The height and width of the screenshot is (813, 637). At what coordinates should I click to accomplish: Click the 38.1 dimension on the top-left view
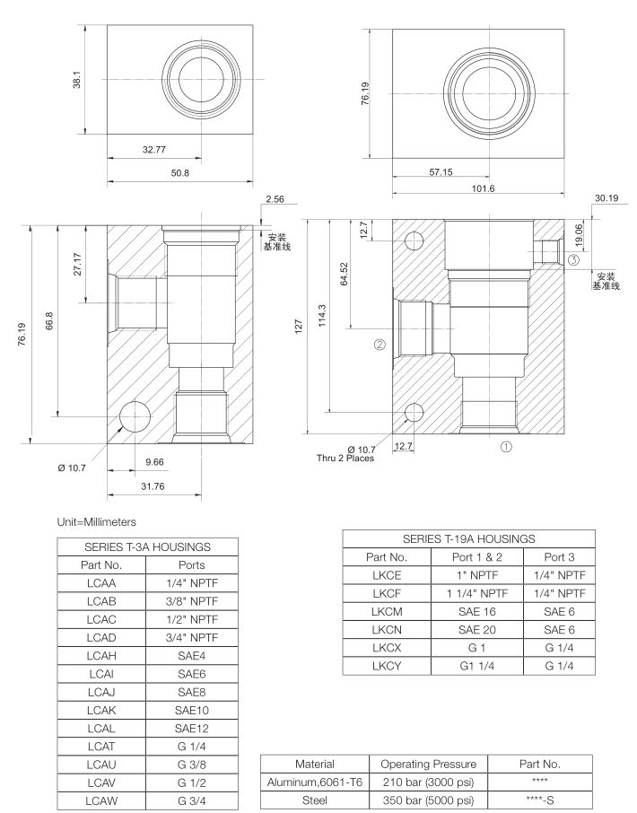coord(79,81)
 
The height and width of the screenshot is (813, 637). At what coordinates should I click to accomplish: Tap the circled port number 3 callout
coord(572,259)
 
